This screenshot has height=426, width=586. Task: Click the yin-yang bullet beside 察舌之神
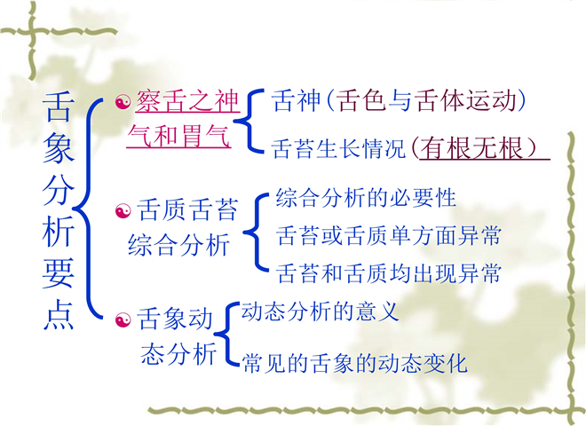click(123, 102)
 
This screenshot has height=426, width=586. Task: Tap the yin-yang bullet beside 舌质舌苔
click(123, 211)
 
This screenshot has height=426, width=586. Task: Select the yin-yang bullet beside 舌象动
click(123, 320)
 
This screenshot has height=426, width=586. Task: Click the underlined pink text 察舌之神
click(187, 101)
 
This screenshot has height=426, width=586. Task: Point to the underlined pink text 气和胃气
click(178, 136)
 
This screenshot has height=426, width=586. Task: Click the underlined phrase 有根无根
click(471, 148)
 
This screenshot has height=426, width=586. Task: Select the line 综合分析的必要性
click(366, 198)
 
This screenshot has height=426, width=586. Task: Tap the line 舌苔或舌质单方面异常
click(388, 235)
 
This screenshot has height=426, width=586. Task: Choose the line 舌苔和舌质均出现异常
click(388, 273)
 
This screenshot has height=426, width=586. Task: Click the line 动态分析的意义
click(321, 312)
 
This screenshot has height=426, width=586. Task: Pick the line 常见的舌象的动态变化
click(354, 363)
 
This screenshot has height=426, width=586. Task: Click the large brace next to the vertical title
click(88, 209)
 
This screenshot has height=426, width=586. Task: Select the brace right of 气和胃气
click(248, 121)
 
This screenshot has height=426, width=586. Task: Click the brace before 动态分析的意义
click(226, 334)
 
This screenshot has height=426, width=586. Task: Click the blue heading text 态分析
click(178, 353)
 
